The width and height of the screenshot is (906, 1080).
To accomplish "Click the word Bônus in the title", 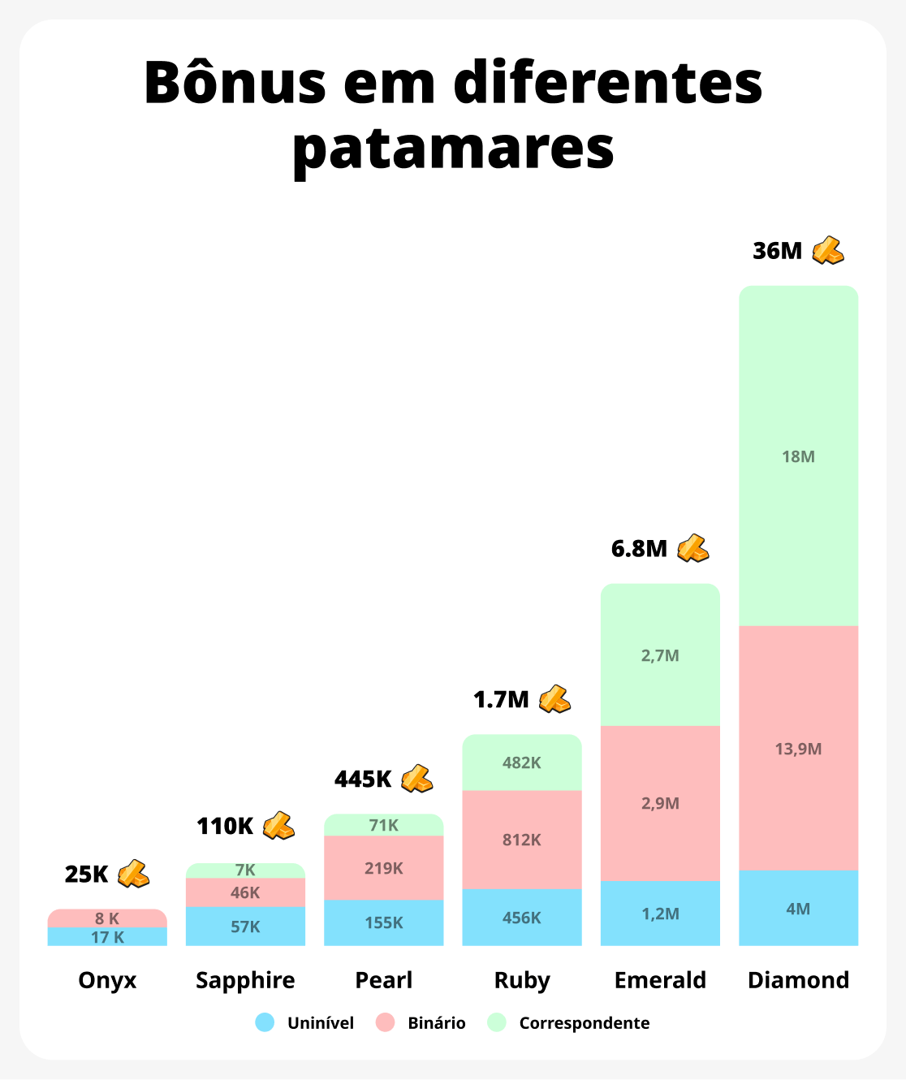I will click(235, 83).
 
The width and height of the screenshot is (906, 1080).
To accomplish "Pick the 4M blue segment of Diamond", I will click(798, 909).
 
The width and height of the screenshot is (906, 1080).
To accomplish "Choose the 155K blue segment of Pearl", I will click(383, 922).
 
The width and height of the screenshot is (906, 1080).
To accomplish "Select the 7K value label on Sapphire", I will click(245, 870).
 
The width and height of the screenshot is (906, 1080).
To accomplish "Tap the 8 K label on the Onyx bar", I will click(107, 918).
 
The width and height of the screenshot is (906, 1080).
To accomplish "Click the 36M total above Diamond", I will click(777, 251).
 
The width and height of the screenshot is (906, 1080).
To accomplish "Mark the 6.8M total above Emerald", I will click(639, 549).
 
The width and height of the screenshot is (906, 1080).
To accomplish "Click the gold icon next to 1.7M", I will click(555, 699).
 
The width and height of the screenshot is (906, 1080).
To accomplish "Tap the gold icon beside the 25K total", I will click(134, 874).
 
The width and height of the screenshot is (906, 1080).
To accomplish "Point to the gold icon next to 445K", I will click(417, 779).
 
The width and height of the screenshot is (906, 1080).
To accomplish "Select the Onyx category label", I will click(107, 980).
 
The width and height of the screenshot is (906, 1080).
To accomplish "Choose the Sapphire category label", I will click(245, 980).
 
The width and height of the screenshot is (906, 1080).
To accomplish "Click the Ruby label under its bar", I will click(522, 980).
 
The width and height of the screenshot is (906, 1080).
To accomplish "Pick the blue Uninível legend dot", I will click(265, 1022).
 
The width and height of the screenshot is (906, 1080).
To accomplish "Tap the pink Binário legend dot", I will click(386, 1022).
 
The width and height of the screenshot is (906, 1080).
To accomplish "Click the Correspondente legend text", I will click(585, 1023).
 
